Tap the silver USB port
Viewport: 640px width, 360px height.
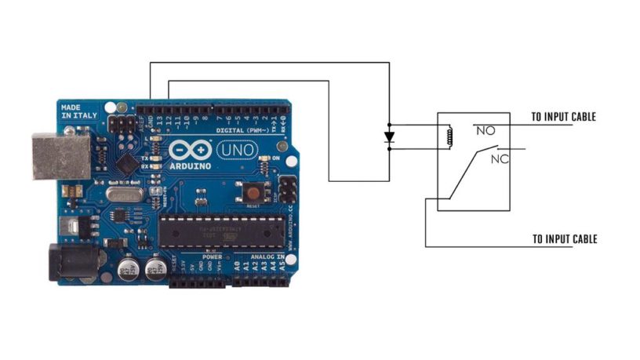point(60,156)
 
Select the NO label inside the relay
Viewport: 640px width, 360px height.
point(485,131)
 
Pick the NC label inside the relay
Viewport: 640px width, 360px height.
point(500,159)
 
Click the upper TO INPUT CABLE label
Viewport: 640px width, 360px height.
point(563,117)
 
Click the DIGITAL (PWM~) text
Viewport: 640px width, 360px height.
point(239,129)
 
